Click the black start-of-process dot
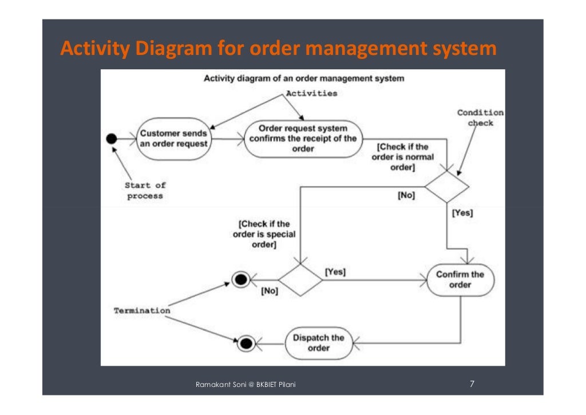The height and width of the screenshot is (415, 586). pos(112,139)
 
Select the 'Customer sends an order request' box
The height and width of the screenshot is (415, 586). pos(174,139)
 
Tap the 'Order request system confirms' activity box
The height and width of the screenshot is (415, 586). pos(303,139)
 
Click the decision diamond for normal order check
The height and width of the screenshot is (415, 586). pos(446,186)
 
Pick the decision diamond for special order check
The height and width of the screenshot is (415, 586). pos(300,280)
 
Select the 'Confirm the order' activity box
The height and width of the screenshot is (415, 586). pos(460,279)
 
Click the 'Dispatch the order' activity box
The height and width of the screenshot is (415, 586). pos(319,343)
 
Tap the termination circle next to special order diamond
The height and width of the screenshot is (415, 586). pos(241,279)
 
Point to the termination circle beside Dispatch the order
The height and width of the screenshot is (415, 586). pos(246,343)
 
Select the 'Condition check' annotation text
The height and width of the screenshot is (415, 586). pos(480,117)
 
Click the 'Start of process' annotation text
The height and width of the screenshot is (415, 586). pos(145,191)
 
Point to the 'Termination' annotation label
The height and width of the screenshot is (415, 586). pos(142,310)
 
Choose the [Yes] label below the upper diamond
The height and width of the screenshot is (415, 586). pos(462,213)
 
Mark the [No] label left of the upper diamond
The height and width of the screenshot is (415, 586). pos(406,195)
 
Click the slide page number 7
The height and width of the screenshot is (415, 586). pos(472,384)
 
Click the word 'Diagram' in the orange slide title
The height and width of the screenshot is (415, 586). pos(173,49)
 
